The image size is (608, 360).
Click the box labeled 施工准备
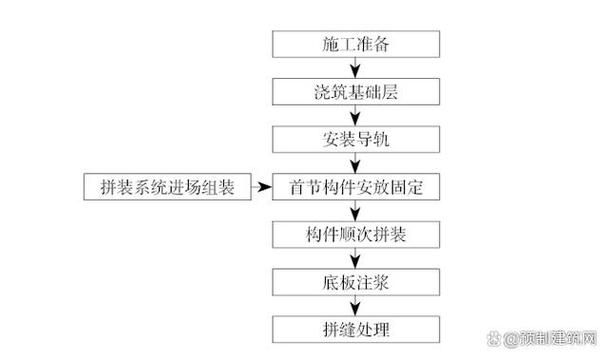(356, 44)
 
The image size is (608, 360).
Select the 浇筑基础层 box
(356, 92)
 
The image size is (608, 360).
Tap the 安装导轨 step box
(356, 139)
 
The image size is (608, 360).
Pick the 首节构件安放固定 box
(356, 186)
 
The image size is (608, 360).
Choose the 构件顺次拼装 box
(356, 234)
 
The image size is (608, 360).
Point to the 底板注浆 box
(356, 282)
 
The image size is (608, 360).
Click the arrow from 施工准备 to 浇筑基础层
(356, 68)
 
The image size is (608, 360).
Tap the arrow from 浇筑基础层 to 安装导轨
(356, 115)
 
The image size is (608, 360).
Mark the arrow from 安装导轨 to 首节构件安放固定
(356, 162)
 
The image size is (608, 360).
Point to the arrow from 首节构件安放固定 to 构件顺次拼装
(356, 210)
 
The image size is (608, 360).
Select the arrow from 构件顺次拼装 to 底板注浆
(356, 258)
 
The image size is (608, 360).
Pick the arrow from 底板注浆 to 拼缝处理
(356, 305)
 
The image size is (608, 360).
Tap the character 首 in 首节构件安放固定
(296, 186)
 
